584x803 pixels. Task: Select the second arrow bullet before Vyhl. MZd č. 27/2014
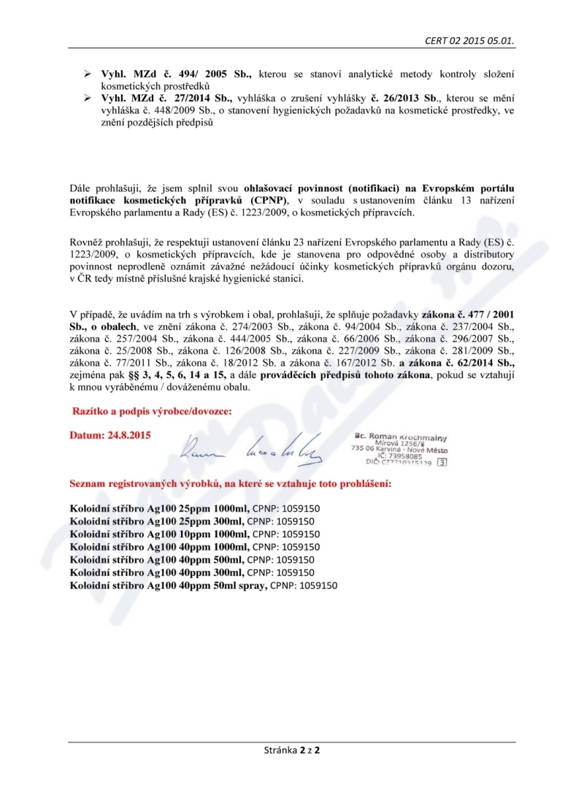(x=86, y=97)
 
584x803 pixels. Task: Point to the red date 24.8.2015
(x=110, y=435)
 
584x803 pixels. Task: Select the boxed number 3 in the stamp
(x=442, y=462)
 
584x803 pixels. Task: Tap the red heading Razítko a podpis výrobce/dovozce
(x=152, y=412)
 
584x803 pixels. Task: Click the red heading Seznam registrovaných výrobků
(x=210, y=483)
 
